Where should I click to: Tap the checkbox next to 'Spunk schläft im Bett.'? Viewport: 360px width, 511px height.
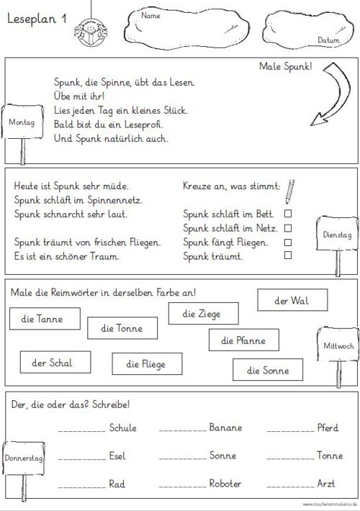point(288,214)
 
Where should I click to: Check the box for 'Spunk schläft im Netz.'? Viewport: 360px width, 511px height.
point(288,228)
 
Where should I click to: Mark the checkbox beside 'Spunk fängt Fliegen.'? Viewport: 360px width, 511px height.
point(288,242)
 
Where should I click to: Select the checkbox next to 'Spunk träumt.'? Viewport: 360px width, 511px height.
point(288,255)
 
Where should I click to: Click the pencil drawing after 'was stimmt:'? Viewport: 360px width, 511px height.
point(289,191)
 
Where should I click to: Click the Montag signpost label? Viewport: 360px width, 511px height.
point(22,122)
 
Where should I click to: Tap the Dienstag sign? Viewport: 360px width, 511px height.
point(337,235)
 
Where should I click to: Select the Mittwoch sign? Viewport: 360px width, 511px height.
point(338,345)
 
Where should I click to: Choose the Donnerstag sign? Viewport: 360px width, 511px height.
point(24,458)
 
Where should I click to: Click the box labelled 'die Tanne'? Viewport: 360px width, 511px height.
point(45,319)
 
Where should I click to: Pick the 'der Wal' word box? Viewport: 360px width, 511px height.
point(292,300)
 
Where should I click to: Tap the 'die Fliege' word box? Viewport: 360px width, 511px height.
point(147,363)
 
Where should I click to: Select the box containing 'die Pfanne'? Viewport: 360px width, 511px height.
point(244,340)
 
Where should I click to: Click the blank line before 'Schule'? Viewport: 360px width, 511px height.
point(82,431)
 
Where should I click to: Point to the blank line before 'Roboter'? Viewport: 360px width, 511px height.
point(183,487)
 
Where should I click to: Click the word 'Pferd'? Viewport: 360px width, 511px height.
point(328,428)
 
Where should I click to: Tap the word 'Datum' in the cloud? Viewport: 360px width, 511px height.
point(328,40)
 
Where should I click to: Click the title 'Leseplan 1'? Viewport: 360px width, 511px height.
point(37,19)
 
